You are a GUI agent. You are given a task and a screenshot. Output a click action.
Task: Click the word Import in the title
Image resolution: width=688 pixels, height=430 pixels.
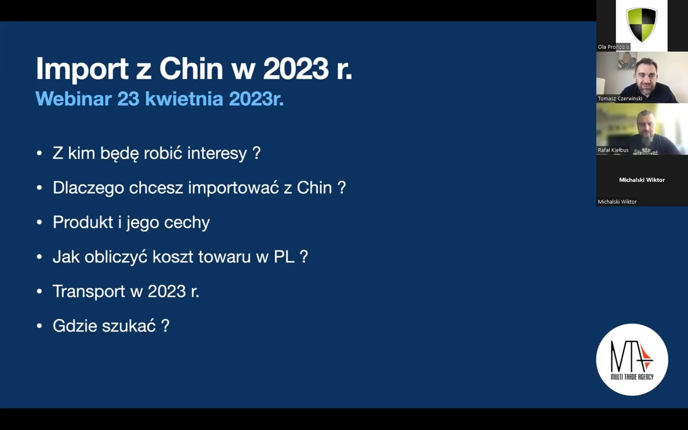[82, 69]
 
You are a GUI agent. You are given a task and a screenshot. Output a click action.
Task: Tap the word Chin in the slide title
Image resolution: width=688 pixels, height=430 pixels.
[191, 69]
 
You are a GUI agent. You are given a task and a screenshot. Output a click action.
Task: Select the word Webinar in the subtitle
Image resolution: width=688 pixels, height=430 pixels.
[73, 99]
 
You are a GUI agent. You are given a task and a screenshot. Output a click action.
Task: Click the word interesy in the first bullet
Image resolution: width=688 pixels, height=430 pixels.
[217, 153]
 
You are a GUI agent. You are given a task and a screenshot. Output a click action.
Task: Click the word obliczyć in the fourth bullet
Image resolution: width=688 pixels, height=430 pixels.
[116, 256]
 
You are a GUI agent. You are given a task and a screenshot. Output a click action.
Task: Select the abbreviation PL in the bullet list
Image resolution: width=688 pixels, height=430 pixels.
[284, 257]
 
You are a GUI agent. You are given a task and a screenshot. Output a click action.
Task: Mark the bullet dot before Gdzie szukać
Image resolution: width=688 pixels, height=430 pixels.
[39, 326]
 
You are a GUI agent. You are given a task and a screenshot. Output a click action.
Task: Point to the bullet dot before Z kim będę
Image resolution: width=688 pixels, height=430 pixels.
[39, 153]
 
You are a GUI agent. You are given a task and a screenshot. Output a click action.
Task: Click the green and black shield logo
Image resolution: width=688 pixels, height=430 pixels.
[641, 24]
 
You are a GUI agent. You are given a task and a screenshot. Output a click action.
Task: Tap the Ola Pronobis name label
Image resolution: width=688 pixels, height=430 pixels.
[613, 47]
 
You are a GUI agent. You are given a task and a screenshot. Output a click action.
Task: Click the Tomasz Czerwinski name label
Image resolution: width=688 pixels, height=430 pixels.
[619, 99]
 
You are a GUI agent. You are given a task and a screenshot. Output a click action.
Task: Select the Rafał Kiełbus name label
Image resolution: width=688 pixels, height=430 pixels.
[613, 150]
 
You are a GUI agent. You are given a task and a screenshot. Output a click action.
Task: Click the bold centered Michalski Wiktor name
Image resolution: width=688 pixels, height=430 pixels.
[642, 180]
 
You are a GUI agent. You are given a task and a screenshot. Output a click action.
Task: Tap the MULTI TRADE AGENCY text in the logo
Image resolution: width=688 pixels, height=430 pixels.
[632, 376]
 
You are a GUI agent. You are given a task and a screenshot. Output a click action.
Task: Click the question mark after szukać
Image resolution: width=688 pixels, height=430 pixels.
[165, 325]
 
